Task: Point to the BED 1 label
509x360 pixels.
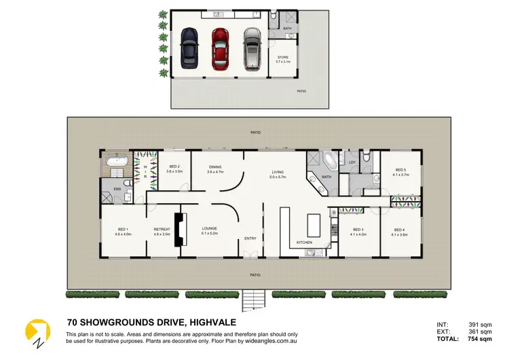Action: [x=122, y=229]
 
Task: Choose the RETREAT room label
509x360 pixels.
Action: [x=162, y=229]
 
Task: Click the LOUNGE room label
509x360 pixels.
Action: [x=209, y=229]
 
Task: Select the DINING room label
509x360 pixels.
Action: [x=215, y=167]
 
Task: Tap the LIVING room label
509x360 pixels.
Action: [x=278, y=173]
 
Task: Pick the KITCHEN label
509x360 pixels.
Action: [x=305, y=242]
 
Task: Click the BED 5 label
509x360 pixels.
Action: [x=399, y=170]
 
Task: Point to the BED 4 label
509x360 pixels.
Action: [x=399, y=230]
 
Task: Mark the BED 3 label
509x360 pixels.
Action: [x=358, y=230]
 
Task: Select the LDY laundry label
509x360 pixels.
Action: [x=352, y=162]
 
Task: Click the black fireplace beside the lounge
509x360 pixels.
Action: [x=181, y=230]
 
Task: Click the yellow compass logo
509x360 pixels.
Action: [x=37, y=329]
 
